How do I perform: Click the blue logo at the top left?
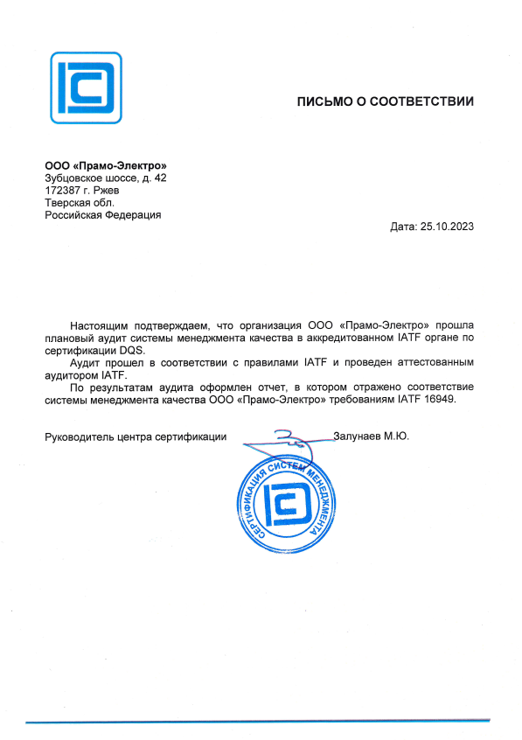tap(86, 87)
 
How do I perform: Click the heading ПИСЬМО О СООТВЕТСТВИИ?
tap(385, 101)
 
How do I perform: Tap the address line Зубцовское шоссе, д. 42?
tap(105, 178)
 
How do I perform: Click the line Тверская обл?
tap(79, 202)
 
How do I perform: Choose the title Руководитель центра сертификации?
tap(136, 435)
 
